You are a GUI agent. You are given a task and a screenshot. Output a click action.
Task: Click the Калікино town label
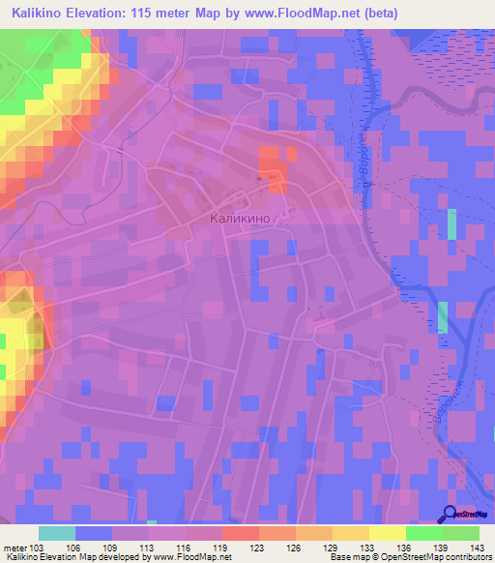tap(247, 219)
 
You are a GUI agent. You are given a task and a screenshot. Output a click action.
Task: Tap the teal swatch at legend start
tap(57, 533)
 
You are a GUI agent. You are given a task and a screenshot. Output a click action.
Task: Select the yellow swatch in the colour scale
tap(387, 533)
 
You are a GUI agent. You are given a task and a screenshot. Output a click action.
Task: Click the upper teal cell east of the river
tap(451, 223)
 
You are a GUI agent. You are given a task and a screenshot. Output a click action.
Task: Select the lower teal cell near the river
tap(443, 317)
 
